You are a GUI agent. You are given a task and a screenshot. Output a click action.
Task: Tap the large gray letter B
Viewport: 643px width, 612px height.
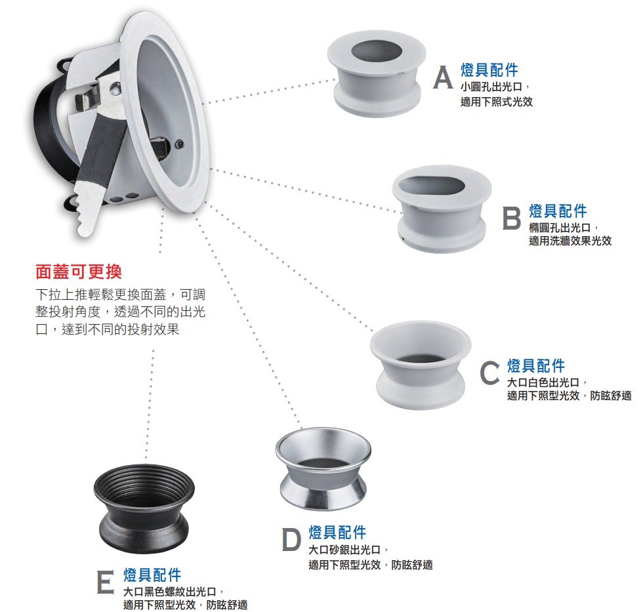point(512,219)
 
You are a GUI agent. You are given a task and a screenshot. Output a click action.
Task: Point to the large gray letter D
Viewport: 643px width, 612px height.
point(292,539)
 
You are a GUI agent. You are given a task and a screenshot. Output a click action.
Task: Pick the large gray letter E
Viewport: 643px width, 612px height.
point(106,582)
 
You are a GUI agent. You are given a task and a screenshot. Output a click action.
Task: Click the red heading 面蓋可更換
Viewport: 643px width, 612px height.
point(79,272)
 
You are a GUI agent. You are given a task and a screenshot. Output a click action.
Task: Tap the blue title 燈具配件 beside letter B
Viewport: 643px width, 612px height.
point(558,211)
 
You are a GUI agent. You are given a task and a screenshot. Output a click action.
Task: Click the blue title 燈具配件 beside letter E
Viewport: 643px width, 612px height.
point(152,575)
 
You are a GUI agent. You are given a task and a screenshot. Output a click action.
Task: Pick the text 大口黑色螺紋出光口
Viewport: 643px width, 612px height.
point(173,591)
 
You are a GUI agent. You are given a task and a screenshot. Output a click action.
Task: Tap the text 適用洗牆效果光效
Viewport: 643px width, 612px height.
point(570,241)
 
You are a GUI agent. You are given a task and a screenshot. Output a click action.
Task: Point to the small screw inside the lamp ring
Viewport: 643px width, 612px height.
point(180,144)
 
